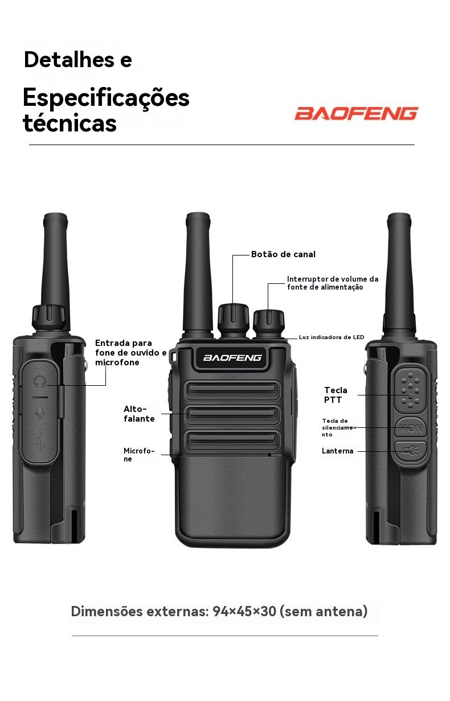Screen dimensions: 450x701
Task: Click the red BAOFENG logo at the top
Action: tap(357, 113)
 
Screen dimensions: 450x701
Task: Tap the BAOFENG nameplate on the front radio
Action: tap(232, 357)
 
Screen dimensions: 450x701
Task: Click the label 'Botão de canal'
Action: tap(283, 254)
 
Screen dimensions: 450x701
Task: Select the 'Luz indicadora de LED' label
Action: tap(332, 337)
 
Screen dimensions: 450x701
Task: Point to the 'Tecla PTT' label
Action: tap(336, 395)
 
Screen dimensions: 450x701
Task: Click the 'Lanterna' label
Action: tap(337, 451)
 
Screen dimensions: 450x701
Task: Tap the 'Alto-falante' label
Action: tap(139, 414)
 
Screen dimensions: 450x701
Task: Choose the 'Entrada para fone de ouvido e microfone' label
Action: tap(130, 352)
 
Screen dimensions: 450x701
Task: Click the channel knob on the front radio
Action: tap(233, 320)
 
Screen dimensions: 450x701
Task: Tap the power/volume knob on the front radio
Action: tap(269, 324)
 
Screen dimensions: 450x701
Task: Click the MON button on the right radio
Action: tap(411, 428)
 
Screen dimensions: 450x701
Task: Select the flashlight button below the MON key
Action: tap(411, 451)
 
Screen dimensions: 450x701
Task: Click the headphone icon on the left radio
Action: tap(40, 381)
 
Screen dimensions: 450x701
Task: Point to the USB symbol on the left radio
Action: tap(40, 440)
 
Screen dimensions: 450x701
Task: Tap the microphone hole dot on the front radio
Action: tap(269, 455)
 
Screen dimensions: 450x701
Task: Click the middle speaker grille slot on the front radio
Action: tap(232, 413)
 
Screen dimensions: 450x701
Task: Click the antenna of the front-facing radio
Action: tap(198, 274)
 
